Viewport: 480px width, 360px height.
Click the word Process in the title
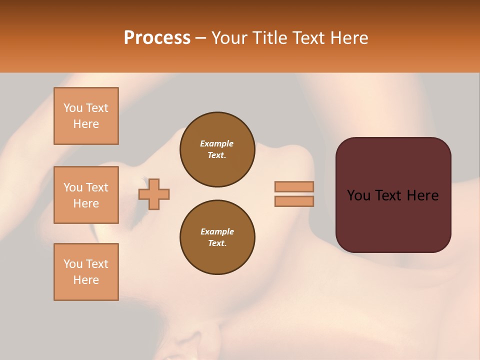[157, 38]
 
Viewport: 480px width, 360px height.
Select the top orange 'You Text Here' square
[86, 116]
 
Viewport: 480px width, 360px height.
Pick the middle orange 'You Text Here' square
[86, 195]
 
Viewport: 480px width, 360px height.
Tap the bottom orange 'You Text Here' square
[86, 272]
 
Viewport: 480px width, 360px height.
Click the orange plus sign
[154, 193]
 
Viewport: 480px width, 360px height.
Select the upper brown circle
[217, 149]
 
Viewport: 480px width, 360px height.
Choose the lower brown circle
[217, 237]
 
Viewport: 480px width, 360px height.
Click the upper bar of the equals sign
[294, 187]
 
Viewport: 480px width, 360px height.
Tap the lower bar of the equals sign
[294, 201]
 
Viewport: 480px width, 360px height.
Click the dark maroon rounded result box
[393, 195]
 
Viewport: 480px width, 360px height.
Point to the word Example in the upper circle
[217, 143]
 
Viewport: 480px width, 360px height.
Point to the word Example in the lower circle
[217, 231]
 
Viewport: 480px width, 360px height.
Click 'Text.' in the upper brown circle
[217, 155]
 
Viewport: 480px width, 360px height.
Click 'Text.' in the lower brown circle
[217, 243]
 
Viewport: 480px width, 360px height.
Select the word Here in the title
[349, 38]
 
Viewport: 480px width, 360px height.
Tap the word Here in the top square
[86, 124]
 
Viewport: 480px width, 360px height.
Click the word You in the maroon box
[358, 195]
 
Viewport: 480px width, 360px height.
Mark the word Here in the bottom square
[86, 280]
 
